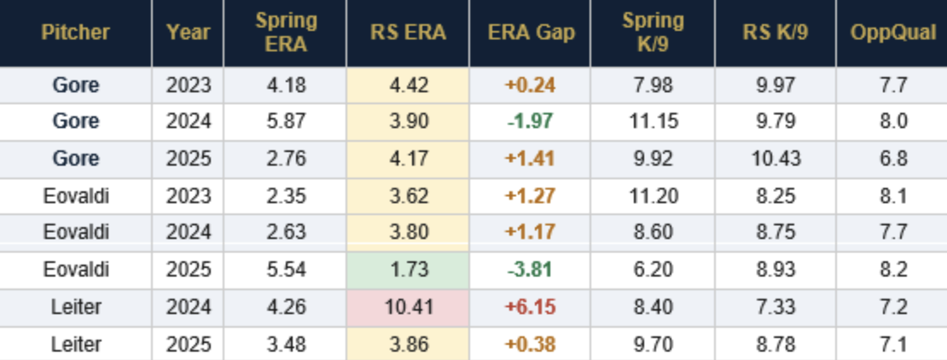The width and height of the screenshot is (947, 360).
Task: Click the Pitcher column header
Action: point(76,33)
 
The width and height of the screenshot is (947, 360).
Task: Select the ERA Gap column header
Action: point(531,33)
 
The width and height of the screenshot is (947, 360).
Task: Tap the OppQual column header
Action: point(891,33)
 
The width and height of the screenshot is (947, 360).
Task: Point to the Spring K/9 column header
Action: point(652,33)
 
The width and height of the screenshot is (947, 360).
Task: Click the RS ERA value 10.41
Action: point(408,308)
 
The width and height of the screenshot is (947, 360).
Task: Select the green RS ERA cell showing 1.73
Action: point(408,270)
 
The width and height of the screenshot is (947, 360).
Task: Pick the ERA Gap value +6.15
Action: point(531,308)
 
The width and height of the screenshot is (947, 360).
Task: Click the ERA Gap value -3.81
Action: point(531,270)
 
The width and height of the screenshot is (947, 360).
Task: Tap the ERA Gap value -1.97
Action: point(531,122)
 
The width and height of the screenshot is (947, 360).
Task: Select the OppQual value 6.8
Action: point(891,160)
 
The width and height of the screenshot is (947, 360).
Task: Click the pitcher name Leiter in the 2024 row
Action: point(76,308)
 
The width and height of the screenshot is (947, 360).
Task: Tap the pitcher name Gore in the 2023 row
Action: point(76,85)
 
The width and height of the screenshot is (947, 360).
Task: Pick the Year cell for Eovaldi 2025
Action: point(189,270)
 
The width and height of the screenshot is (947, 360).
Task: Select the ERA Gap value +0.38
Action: point(531,345)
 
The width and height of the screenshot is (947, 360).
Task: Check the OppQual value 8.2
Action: point(891,270)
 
